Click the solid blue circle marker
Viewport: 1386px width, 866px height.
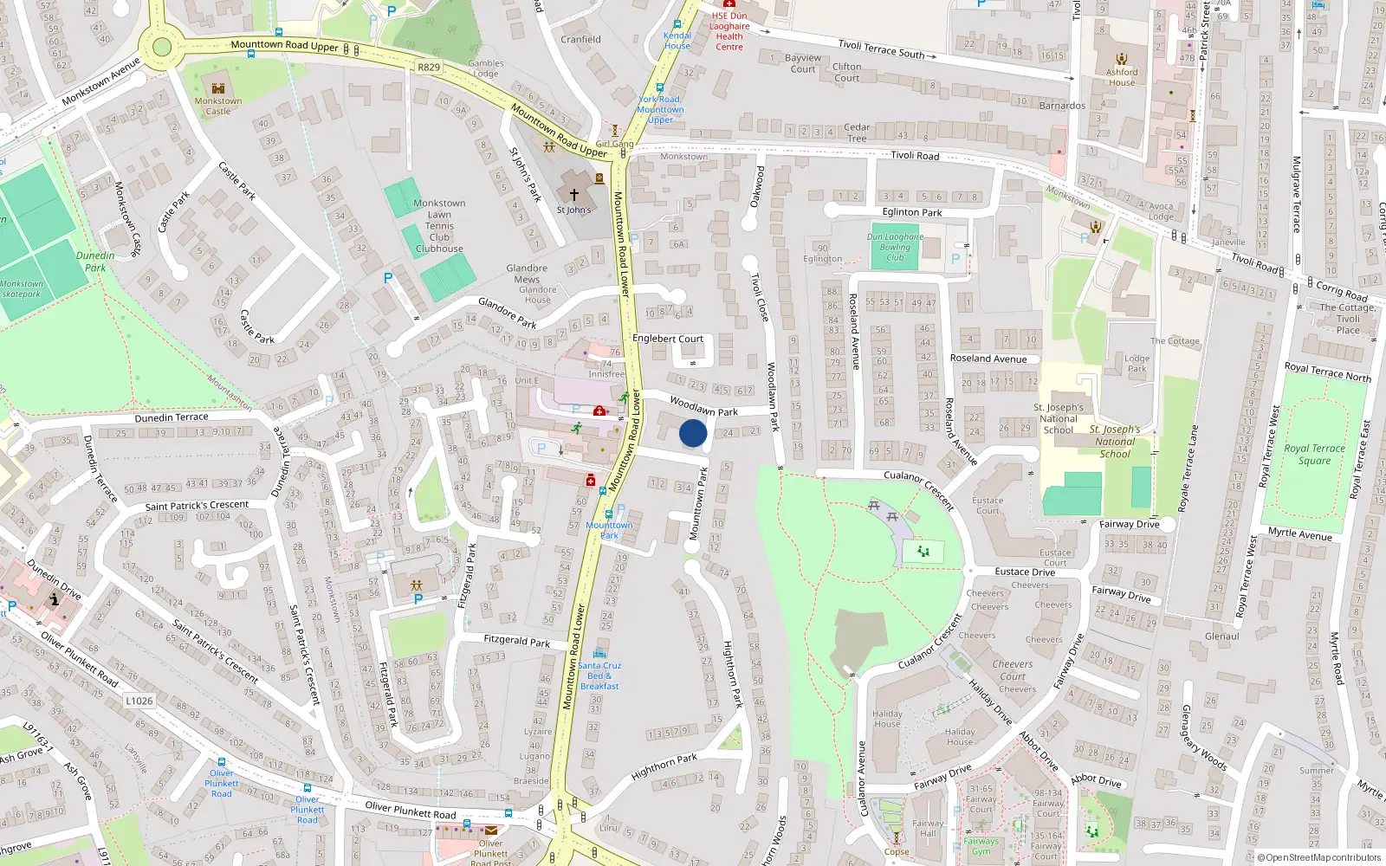[x=693, y=433]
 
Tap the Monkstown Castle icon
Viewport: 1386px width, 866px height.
[x=217, y=87]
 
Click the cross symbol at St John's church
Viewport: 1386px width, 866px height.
[x=573, y=196]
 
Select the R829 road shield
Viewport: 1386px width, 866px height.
[x=428, y=67]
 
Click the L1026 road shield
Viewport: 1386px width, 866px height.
[x=139, y=701]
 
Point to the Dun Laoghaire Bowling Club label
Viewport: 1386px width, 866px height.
[x=895, y=247]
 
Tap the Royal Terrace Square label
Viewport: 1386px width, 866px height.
[x=1314, y=454]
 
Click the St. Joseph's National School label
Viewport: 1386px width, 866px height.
[x=1059, y=418]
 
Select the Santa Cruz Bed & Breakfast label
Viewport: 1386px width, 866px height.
[x=599, y=675]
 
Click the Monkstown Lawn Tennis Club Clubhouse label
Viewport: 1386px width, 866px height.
[x=439, y=226]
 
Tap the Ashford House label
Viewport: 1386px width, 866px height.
[x=1121, y=77]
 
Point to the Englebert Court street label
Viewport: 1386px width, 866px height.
[x=668, y=339]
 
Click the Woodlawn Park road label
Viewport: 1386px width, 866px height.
[x=703, y=407]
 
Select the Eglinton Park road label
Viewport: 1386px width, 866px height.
[x=912, y=212]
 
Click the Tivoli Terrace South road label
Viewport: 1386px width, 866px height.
[x=881, y=48]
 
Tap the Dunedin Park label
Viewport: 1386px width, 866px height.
[x=95, y=261]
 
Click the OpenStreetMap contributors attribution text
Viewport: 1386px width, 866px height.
[x=1318, y=857]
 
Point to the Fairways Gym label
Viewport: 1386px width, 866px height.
[x=981, y=846]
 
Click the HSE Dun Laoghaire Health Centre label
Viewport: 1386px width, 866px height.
[x=729, y=31]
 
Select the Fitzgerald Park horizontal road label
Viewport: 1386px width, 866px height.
[x=516, y=641]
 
